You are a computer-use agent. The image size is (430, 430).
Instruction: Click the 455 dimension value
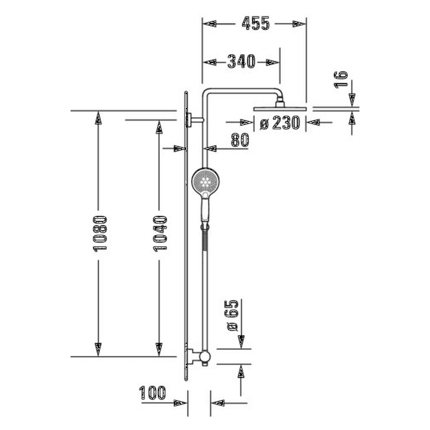coord(256,24)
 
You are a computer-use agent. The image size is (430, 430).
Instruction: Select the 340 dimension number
coord(241,62)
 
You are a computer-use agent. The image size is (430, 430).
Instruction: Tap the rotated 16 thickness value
coord(341,79)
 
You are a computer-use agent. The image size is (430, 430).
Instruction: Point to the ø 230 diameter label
coord(280,123)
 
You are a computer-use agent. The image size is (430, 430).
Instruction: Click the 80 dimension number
coord(240,140)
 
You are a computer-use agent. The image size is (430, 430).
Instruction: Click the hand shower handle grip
coord(205,210)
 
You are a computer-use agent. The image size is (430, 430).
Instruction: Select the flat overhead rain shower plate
coord(280,109)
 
